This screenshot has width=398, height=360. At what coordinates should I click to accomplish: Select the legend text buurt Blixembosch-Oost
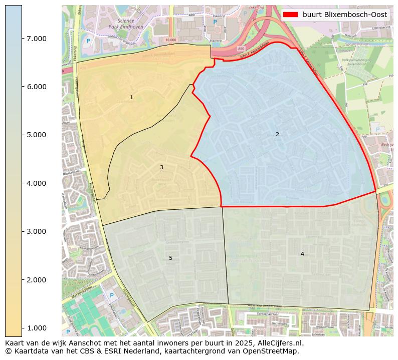[344, 15]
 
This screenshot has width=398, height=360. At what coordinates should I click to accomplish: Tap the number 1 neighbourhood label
[131, 98]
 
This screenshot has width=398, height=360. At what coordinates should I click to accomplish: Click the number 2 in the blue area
[277, 134]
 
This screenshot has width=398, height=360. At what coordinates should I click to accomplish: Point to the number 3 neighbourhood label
[161, 167]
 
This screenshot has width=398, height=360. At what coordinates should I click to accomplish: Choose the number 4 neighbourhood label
[302, 254]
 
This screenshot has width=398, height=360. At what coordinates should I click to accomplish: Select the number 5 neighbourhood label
[170, 258]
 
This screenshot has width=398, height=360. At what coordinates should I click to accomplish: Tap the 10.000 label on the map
[171, 40]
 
